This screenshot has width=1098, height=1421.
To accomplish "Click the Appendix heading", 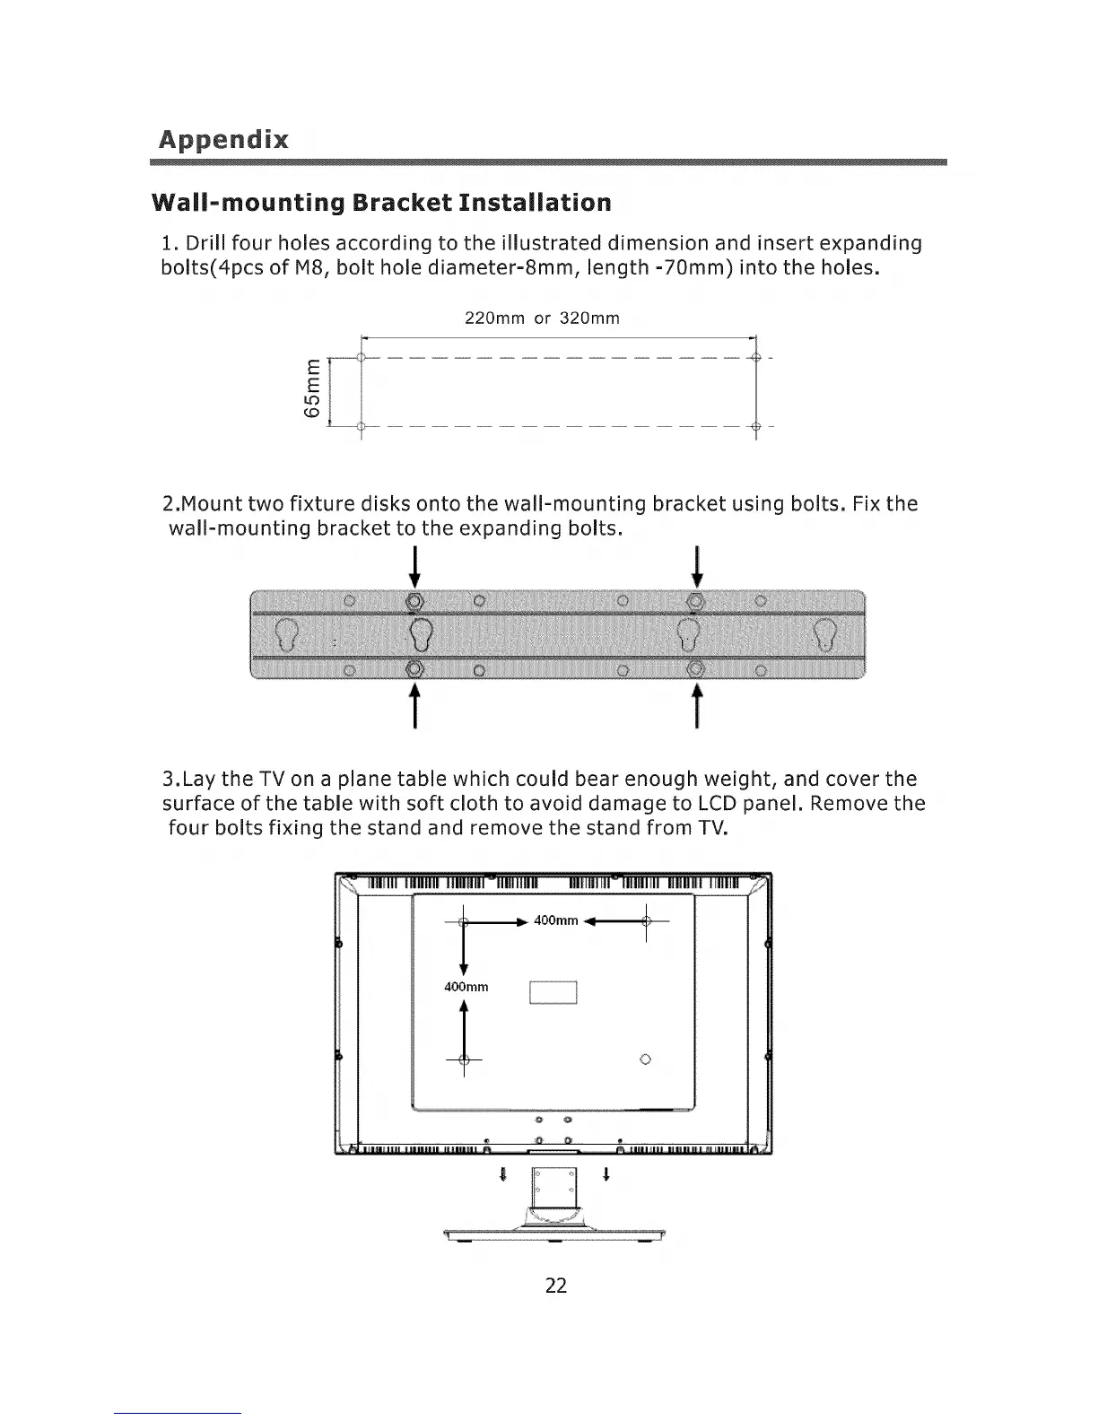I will pyautogui.click(x=223, y=140).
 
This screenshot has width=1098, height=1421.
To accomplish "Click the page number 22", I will pyautogui.click(x=556, y=1286).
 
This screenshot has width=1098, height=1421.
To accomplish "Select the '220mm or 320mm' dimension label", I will pyautogui.click(x=543, y=318).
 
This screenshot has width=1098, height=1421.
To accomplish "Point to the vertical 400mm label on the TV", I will pyautogui.click(x=466, y=988).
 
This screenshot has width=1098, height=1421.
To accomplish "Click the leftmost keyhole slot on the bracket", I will pyautogui.click(x=286, y=633).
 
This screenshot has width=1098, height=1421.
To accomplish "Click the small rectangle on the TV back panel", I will pyautogui.click(x=553, y=993).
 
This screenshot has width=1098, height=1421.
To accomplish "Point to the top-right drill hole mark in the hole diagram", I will pyautogui.click(x=756, y=357).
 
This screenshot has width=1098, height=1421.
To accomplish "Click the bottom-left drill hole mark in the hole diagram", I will pyautogui.click(x=361, y=426).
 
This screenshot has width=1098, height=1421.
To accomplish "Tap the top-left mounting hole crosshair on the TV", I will pyautogui.click(x=463, y=921).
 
